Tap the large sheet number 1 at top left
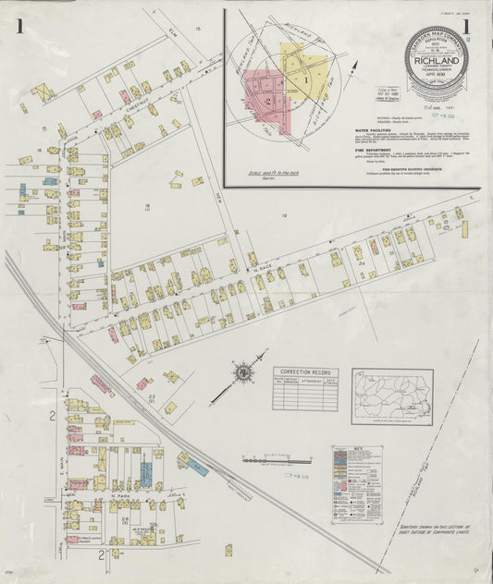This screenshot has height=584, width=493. point(18,26)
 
